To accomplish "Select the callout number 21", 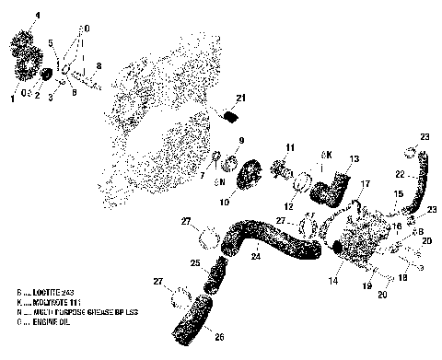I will [240, 99].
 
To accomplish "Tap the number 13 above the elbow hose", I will [354, 158].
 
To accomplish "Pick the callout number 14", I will [332, 277].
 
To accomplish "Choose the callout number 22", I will [400, 173].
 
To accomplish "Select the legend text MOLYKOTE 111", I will [47, 301].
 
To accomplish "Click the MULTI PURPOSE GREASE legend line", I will [64, 313].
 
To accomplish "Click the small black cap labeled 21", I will [232, 116].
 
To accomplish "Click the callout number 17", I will [365, 184].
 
